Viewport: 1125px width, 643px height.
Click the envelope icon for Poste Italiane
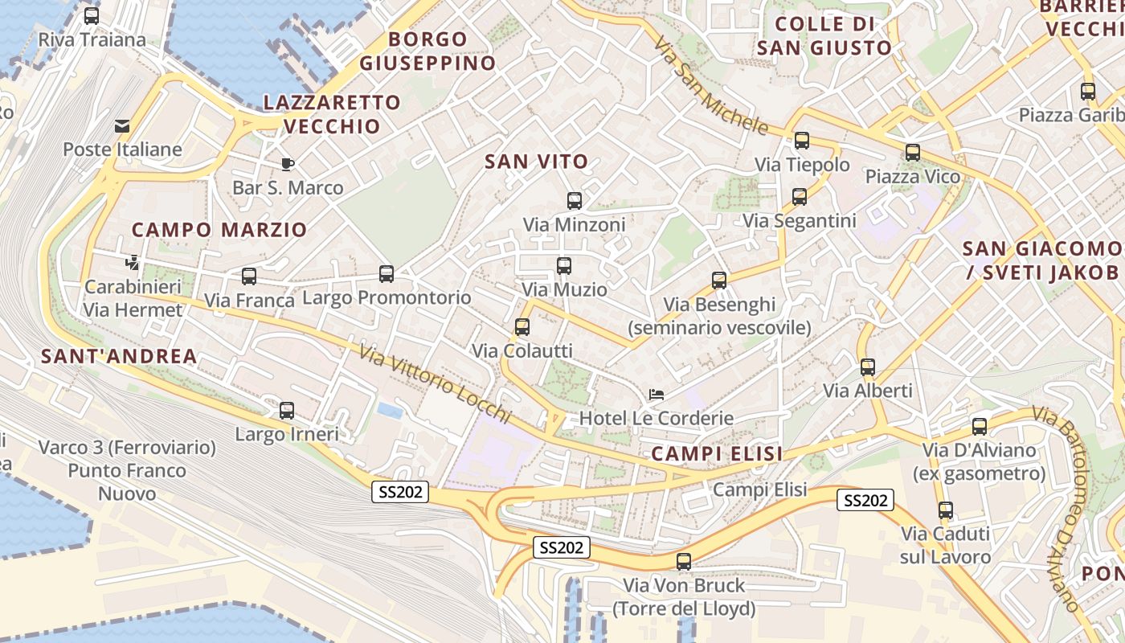[122, 126]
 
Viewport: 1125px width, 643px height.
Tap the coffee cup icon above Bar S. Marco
[287, 165]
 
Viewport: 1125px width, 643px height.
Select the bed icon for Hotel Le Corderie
[657, 395]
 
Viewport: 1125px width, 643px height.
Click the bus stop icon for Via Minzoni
[574, 201]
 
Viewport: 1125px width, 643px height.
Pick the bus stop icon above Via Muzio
[564, 265]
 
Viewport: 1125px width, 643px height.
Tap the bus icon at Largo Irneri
[287, 411]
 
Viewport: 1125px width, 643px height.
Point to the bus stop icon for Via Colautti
[522, 327]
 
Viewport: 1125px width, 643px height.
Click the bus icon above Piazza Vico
[912, 153]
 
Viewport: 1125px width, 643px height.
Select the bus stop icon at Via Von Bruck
[684, 562]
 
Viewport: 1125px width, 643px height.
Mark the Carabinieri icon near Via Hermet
[133, 263]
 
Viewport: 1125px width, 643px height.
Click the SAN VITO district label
[537, 162]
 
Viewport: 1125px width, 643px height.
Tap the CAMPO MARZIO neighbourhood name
[219, 230]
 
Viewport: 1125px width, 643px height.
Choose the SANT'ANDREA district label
[119, 357]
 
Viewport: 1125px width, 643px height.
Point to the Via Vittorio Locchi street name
[435, 384]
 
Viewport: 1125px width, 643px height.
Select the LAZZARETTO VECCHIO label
[332, 114]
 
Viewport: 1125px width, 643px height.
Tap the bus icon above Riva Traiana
[92, 15]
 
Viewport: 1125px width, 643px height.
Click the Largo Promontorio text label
[387, 297]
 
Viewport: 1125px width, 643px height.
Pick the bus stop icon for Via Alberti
[868, 367]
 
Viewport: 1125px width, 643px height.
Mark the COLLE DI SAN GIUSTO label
[824, 36]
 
